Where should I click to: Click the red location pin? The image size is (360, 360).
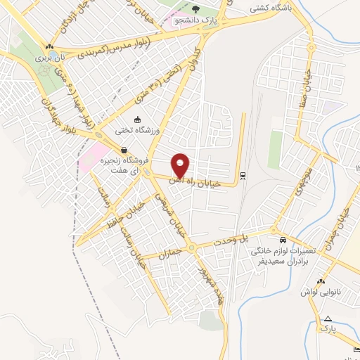181,165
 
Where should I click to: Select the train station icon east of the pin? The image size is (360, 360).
243,175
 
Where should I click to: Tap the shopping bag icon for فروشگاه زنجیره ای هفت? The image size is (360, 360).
124,150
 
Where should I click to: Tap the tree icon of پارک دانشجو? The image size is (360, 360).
196,9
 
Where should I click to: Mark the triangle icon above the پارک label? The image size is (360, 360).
327,319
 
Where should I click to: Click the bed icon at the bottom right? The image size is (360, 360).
355,349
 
